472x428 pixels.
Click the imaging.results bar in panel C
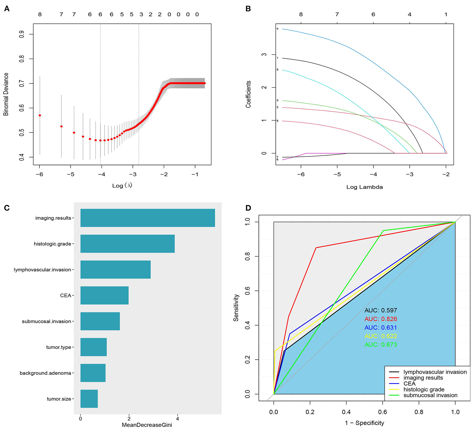(148, 218)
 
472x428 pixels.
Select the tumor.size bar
(89, 398)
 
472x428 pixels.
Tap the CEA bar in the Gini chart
(104, 295)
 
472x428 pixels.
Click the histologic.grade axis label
(52, 244)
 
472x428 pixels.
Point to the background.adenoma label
(45, 373)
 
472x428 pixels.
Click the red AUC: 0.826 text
(381, 319)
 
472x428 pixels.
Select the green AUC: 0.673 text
(381, 345)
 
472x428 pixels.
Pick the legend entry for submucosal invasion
(430, 395)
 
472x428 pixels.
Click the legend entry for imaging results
(423, 378)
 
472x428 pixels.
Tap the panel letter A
(7, 9)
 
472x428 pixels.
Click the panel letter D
(248, 208)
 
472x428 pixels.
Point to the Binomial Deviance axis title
(6, 94)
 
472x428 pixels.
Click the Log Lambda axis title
(364, 187)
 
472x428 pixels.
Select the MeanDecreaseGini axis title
(147, 425)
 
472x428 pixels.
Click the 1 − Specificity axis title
(364, 423)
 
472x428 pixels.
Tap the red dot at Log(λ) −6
(40, 115)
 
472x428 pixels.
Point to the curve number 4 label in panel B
(277, 29)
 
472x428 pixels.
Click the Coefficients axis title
(248, 94)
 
